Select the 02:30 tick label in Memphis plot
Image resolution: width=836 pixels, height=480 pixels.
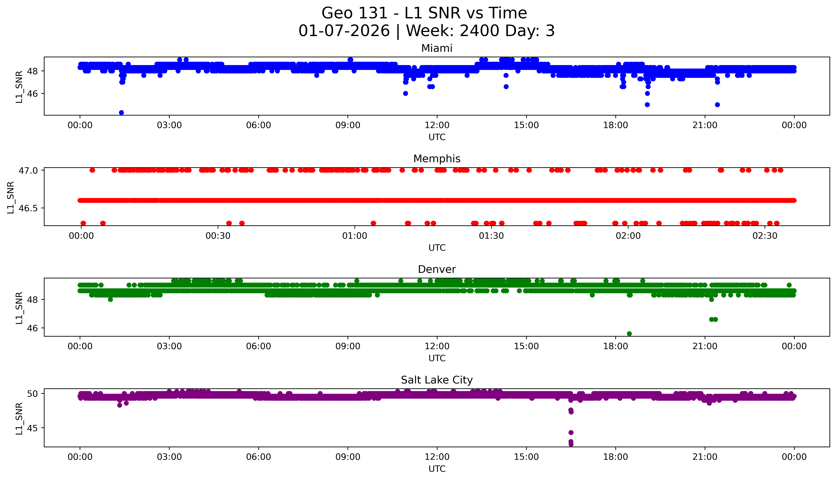point(765,236)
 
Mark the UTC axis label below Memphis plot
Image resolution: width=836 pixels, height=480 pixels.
point(437,248)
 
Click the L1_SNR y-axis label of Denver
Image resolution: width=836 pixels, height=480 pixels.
point(19,308)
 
